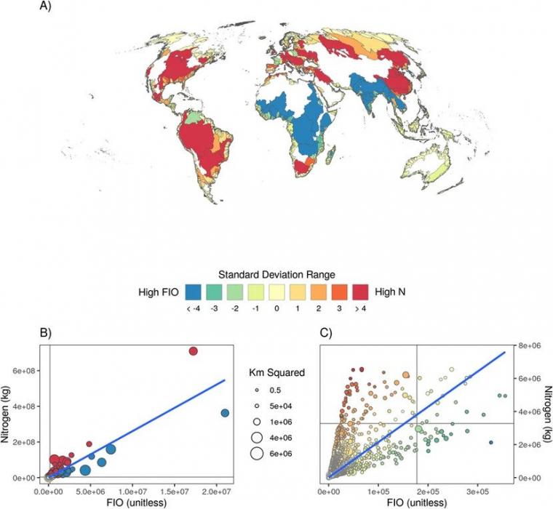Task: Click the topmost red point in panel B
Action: tap(194, 351)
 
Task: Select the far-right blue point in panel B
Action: tap(225, 413)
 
